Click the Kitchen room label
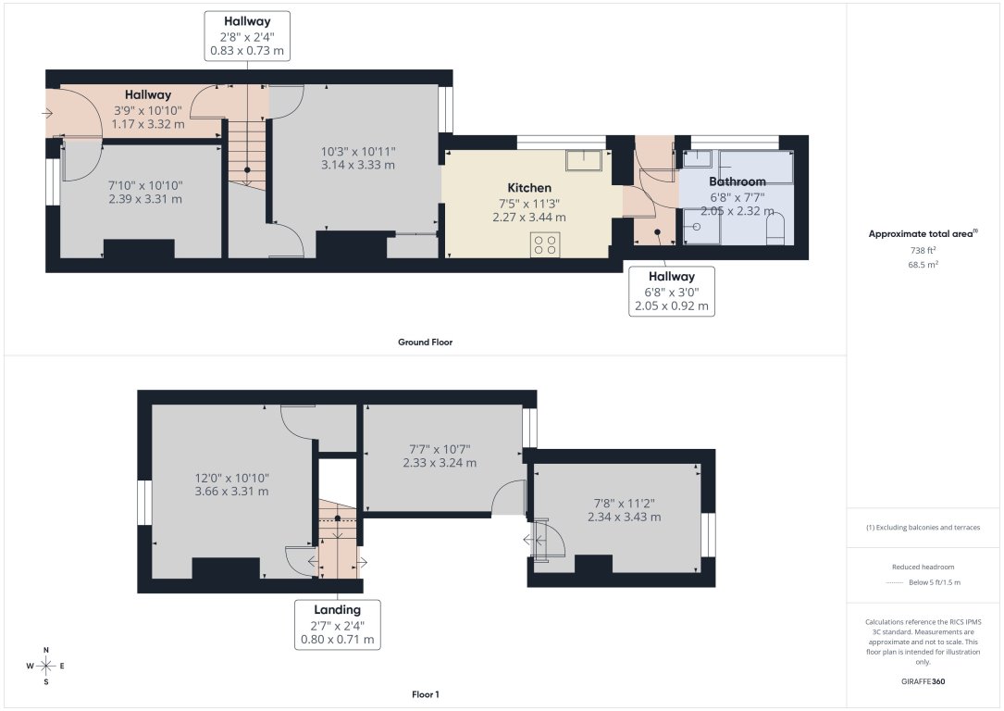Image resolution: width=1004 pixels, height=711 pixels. coord(529,188)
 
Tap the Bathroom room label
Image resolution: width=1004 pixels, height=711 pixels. coord(737,181)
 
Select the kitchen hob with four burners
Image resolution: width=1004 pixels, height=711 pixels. coord(545,244)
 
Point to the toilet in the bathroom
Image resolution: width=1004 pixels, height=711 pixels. coord(775,230)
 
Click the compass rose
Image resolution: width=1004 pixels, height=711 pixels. coord(45,666)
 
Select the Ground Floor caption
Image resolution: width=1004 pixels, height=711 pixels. coord(425,343)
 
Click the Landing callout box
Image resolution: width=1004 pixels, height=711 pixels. coord(337,624)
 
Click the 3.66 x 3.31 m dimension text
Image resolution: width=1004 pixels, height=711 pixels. coord(231,492)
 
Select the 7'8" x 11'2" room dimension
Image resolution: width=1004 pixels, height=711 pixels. coord(624,504)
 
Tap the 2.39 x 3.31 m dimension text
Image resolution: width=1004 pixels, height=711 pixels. coord(145,199)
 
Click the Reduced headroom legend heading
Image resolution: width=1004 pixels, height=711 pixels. coord(923,567)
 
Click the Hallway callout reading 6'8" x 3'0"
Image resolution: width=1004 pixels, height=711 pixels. coord(671,291)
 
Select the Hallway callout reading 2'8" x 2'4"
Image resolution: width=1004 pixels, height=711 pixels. coord(247,36)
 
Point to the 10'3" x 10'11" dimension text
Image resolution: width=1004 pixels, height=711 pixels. coord(358,152)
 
